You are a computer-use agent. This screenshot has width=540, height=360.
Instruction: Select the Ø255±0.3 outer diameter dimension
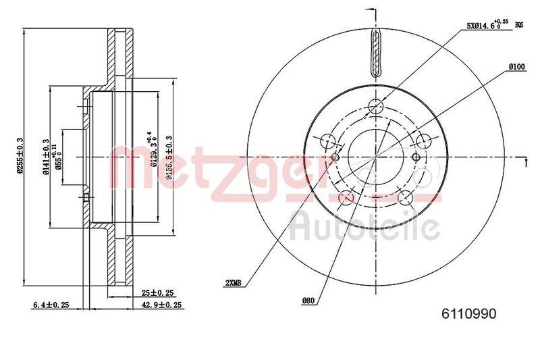[20, 156]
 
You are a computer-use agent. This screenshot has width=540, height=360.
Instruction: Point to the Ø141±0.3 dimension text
[46, 157]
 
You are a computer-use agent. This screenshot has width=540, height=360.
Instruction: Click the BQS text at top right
[519, 25]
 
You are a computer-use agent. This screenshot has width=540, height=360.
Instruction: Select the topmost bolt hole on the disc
[376, 106]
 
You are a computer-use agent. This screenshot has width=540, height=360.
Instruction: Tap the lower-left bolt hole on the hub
[346, 197]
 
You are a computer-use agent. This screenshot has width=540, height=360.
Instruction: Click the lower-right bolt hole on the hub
[406, 197]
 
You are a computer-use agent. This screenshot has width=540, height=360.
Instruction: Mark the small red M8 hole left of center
[335, 157]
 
